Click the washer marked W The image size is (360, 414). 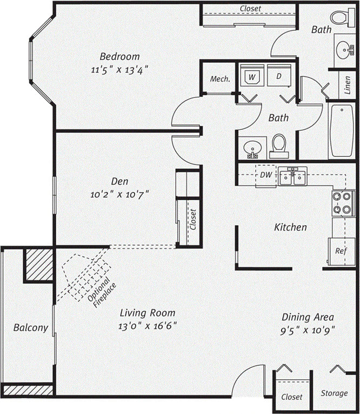pos(251,77)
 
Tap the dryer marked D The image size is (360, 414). pos(279,77)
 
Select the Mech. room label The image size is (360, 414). pos(220,79)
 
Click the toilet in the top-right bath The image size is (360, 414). pos(340,17)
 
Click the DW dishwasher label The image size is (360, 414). pos(265,175)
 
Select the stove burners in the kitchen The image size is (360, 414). pos(343,203)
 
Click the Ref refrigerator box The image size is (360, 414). pos(341,251)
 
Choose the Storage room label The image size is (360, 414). pos(334,393)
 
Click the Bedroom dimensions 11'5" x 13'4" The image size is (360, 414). pos(119,69)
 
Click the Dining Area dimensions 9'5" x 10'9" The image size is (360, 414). pos(308,330)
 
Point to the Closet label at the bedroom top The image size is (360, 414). pos(250,8)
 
